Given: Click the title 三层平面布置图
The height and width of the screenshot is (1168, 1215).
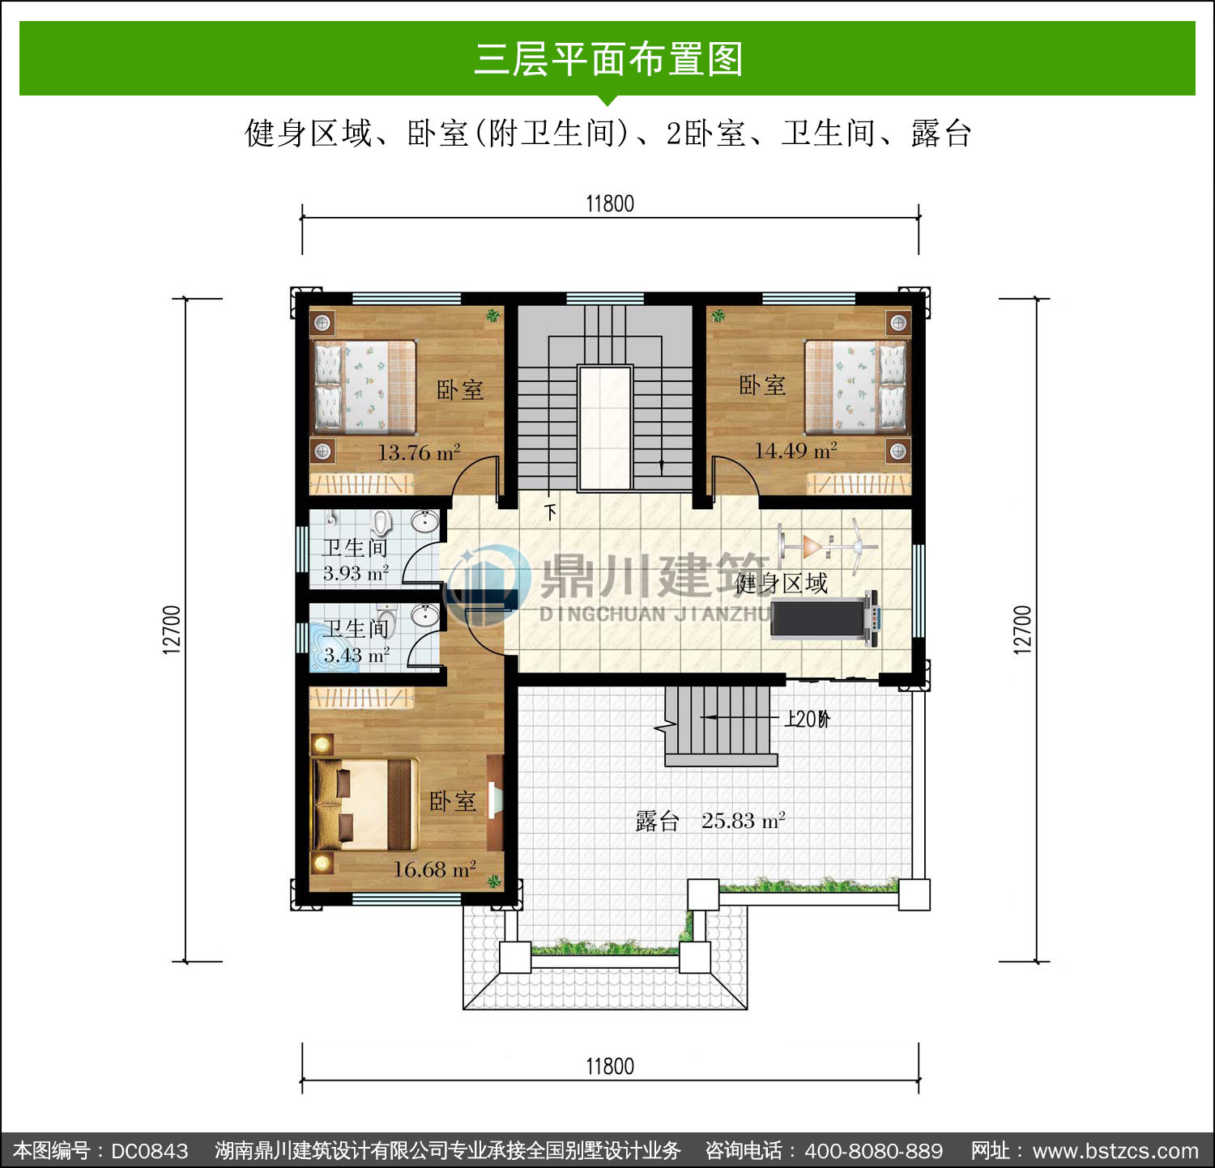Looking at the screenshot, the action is pyautogui.click(x=608, y=59).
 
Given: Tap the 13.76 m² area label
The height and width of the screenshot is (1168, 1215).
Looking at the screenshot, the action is pyautogui.click(x=419, y=452).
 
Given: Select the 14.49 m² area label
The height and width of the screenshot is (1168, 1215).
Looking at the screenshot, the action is pyautogui.click(x=795, y=450).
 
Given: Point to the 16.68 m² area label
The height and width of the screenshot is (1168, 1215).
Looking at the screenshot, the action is pyautogui.click(x=434, y=869).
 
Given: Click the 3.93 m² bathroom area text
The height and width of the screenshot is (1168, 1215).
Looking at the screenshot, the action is pyautogui.click(x=356, y=573).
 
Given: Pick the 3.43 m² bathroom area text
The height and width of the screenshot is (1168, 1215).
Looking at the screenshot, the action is pyautogui.click(x=356, y=655).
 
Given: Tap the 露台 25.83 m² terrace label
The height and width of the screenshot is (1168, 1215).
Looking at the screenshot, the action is pyautogui.click(x=710, y=821).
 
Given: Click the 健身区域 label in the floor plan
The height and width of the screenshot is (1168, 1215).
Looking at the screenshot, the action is pyautogui.click(x=781, y=583).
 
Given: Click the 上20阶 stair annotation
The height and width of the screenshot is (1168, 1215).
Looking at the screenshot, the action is pyautogui.click(x=807, y=719).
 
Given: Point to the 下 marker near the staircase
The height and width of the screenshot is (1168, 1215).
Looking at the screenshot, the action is pyautogui.click(x=551, y=512).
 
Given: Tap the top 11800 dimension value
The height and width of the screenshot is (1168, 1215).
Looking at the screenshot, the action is pyautogui.click(x=610, y=203).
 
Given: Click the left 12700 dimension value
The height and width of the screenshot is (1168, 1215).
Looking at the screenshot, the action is pyautogui.click(x=172, y=629).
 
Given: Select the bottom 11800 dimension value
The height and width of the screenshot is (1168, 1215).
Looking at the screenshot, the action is pyautogui.click(x=610, y=1066).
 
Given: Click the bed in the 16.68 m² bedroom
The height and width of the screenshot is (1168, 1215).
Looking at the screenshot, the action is pyautogui.click(x=365, y=803).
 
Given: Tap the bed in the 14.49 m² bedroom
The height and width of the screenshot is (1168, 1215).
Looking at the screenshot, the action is pyautogui.click(x=856, y=386).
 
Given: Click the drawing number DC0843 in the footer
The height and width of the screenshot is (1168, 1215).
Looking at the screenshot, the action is pyautogui.click(x=149, y=1151).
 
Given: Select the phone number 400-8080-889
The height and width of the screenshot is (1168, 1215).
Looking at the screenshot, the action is pyautogui.click(x=874, y=1151).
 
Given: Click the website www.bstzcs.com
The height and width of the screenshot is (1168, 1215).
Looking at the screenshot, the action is pyautogui.click(x=1115, y=1151).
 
